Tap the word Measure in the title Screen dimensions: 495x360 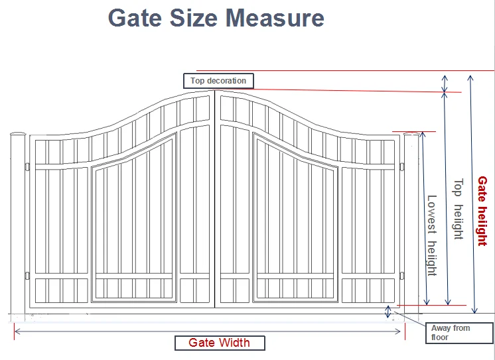tap(275, 17)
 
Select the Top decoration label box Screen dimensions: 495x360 tap(218, 81)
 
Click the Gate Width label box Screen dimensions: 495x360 tap(220, 343)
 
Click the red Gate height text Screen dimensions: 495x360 tap(482, 211)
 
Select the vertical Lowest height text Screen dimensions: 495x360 tap(431, 235)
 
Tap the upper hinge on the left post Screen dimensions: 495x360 tap(27, 165)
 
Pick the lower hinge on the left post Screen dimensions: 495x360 tap(27, 276)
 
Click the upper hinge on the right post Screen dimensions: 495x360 tap(403, 165)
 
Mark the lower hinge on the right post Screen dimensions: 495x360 tap(403, 276)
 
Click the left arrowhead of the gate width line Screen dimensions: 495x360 tap(17, 330)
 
